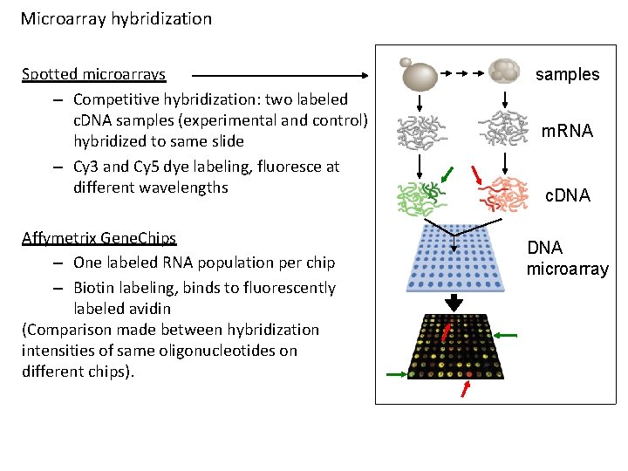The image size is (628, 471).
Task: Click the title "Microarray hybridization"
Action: [x=116, y=19]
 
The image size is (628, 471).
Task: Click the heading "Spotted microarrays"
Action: [x=93, y=74]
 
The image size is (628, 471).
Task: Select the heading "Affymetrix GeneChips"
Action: [x=99, y=238]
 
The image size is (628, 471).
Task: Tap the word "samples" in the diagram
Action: [x=568, y=74]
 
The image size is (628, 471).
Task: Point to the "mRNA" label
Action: [x=567, y=131]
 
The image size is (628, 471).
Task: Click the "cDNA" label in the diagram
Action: [x=568, y=195]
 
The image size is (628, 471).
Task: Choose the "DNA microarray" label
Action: [x=568, y=258]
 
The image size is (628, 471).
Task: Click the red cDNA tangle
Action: [x=503, y=195]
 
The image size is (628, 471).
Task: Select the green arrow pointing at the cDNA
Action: [x=447, y=174]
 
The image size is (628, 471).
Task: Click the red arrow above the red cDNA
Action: [x=476, y=175]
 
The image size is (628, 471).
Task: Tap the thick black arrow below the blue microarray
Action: [x=454, y=303]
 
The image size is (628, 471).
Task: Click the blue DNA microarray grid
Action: [x=455, y=258]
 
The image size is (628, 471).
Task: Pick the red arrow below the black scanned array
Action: [x=466, y=389]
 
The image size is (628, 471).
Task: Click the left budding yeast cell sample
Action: [x=419, y=74]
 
